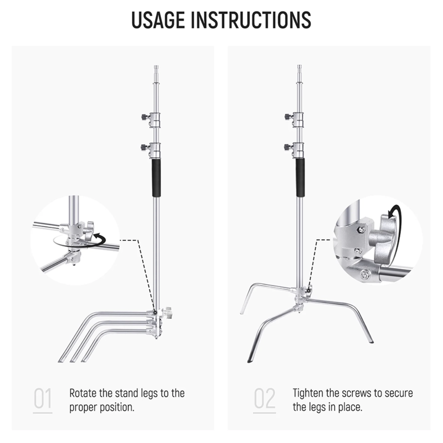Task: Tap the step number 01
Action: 42,399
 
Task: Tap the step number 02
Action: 264,399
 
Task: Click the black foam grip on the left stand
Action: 156,178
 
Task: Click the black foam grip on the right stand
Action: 299,178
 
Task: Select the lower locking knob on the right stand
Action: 287,147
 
